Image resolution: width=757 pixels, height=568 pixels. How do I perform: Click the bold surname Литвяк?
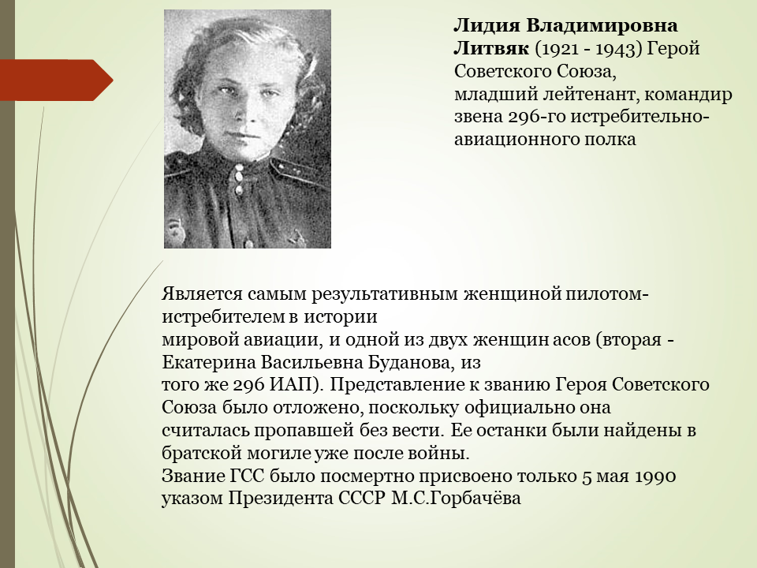pos(491,48)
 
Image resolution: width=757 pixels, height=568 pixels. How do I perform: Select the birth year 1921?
pos(556,49)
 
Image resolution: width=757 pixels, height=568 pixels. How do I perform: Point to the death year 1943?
pos(613,49)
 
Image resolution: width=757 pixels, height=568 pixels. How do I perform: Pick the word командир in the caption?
pos(688,94)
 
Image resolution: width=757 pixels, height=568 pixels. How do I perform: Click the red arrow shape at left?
pos(57,80)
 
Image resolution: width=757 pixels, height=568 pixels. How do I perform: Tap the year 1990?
pos(655,476)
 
